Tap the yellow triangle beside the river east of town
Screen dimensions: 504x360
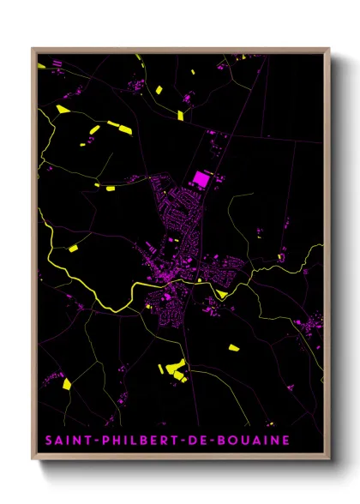[x=223, y=294]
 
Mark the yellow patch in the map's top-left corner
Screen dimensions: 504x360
[x=62, y=109]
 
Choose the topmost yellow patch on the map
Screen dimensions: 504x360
[x=159, y=90]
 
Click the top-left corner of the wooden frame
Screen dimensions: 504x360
[x=33, y=49]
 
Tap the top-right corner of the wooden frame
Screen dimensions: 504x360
[x=328, y=49]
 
